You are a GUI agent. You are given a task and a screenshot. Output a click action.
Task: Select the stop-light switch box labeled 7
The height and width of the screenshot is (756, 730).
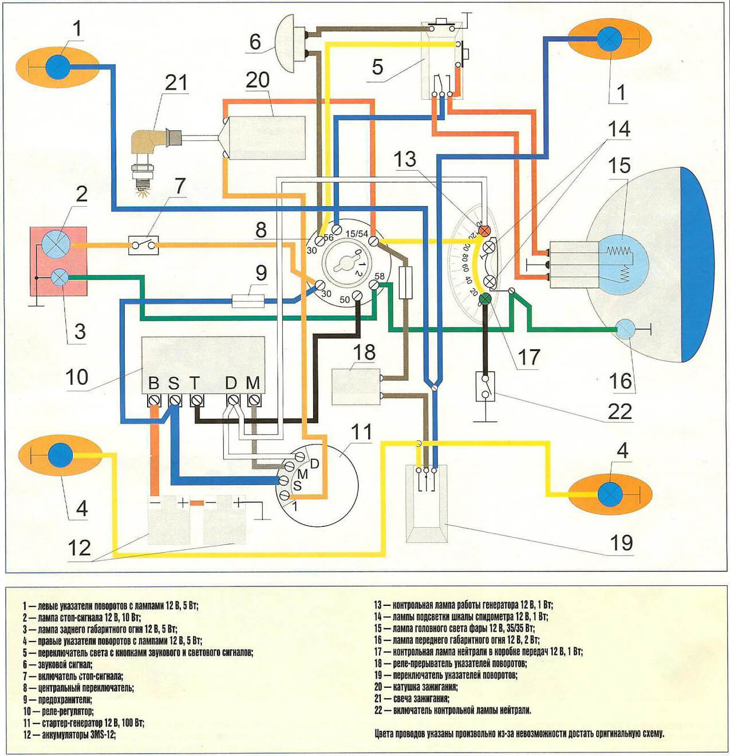(x=143, y=245)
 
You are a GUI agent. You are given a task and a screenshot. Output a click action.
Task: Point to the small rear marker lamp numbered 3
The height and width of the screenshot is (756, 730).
(x=60, y=277)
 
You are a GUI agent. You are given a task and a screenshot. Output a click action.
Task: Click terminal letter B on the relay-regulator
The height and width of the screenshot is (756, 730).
(x=154, y=383)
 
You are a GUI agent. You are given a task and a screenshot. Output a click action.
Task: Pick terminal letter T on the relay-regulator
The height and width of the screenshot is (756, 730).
(x=194, y=383)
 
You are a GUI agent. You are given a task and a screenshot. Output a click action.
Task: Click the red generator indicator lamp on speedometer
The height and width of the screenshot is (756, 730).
(x=484, y=230)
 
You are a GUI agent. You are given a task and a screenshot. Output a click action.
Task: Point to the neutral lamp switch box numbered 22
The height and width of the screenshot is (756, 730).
(x=485, y=387)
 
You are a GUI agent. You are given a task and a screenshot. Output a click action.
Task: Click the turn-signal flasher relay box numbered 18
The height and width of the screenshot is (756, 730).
(x=356, y=387)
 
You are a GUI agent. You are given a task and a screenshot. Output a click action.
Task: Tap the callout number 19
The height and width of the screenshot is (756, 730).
(x=622, y=542)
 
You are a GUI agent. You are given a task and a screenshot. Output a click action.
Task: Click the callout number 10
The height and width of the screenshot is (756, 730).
(x=77, y=376)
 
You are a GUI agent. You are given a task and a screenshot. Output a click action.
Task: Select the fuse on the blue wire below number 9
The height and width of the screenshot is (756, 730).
(x=248, y=301)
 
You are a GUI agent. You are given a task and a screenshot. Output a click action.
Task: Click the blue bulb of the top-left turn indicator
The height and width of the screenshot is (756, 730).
(x=58, y=67)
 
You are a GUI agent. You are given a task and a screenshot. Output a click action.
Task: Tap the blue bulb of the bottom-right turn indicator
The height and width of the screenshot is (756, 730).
(x=609, y=494)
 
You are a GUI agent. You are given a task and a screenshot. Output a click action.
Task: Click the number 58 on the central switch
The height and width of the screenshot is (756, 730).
(x=380, y=276)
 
